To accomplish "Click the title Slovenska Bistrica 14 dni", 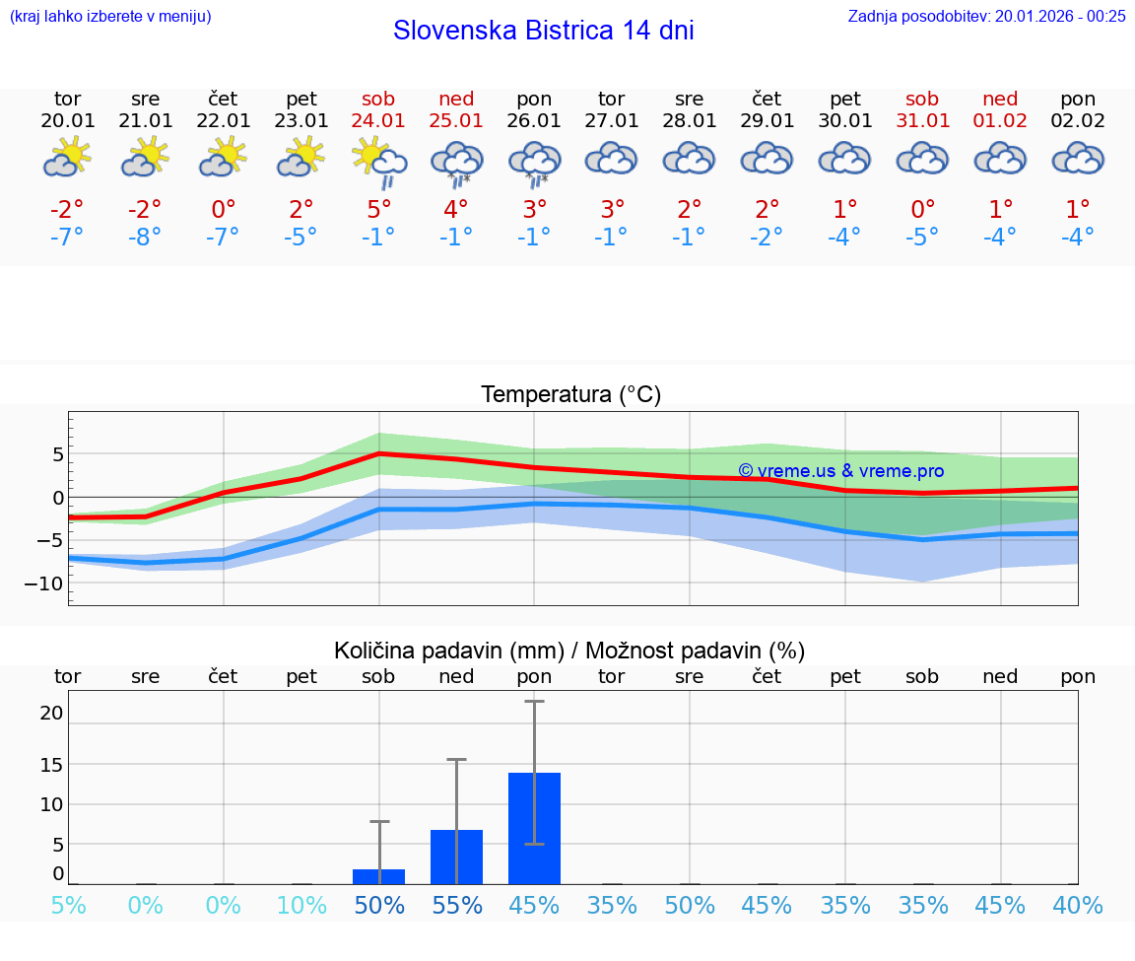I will tap(543, 31).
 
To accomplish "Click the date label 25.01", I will tap(456, 121).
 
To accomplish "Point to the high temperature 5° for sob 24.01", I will tap(379, 209).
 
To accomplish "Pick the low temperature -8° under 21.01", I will tap(145, 238).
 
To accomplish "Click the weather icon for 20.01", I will tap(67, 158).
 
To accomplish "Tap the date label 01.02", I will tap(1000, 121).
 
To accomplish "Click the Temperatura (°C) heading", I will tap(570, 394).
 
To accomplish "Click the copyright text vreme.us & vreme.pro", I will tap(840, 471).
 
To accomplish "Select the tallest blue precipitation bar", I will tap(534, 828).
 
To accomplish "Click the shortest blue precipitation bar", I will tap(379, 876).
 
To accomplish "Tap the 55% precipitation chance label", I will tap(457, 905).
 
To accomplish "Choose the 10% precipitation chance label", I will tap(301, 905).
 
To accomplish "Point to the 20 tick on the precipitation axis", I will tap(51, 713).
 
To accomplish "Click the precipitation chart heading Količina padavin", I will tap(569, 651).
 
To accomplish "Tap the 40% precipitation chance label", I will tap(1078, 905).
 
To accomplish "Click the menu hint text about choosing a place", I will tap(110, 16).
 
